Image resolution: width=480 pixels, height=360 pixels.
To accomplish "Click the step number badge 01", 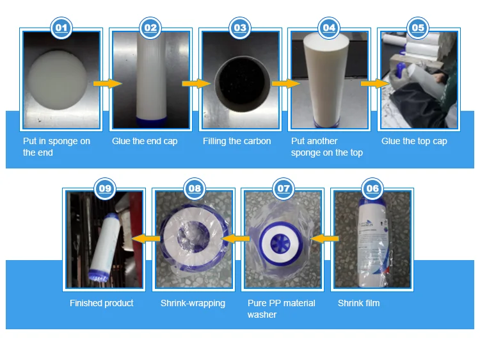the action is point(61,28).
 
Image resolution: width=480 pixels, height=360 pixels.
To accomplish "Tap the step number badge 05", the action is point(418,28).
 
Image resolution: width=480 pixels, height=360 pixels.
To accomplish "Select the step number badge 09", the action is point(105,188).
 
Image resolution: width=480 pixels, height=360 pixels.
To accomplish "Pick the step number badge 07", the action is point(283,188).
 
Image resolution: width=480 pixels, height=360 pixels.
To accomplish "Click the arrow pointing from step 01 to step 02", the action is point(108,83).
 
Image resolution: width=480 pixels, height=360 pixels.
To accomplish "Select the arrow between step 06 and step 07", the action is point(324,238).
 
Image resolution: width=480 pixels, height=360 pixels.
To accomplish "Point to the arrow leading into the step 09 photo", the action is point(146,238).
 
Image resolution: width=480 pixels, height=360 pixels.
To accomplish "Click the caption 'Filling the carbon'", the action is point(237,141).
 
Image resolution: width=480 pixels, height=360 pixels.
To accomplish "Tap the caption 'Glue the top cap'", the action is point(414,141).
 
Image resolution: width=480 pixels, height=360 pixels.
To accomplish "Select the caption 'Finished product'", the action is point(101,303).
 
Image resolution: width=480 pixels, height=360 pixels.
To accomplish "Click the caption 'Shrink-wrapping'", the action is point(193,303).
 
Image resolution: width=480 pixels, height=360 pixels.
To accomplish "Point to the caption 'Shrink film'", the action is point(358,303).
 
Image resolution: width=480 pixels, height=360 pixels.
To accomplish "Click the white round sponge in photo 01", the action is point(57,79).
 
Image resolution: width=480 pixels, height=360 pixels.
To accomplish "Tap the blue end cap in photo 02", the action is point(151,122).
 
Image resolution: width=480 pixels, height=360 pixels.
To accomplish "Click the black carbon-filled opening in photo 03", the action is point(242,83).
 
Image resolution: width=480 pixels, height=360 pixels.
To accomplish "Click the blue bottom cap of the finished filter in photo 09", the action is point(99,275).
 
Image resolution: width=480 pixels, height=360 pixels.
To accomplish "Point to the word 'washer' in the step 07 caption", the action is point(262,315).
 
